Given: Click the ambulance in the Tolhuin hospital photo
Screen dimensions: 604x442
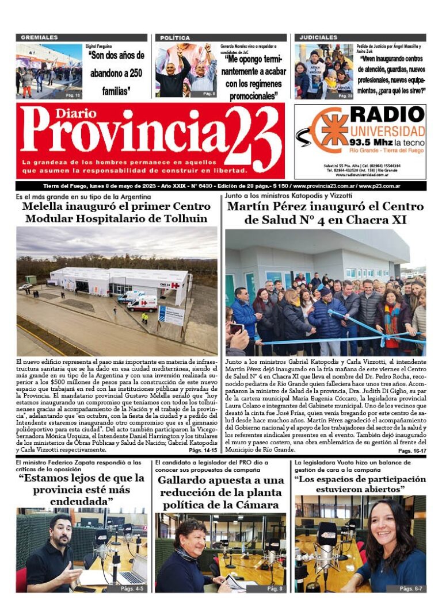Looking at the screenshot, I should click(x=142, y=303).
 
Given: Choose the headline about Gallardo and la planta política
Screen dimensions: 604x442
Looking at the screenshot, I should click(x=221, y=493).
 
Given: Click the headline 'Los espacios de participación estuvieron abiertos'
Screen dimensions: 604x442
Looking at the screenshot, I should click(x=360, y=484).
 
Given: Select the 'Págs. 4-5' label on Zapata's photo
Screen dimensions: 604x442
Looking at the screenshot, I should click(x=133, y=588).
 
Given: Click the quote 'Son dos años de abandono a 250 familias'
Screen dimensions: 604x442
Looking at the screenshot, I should click(x=116, y=73).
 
